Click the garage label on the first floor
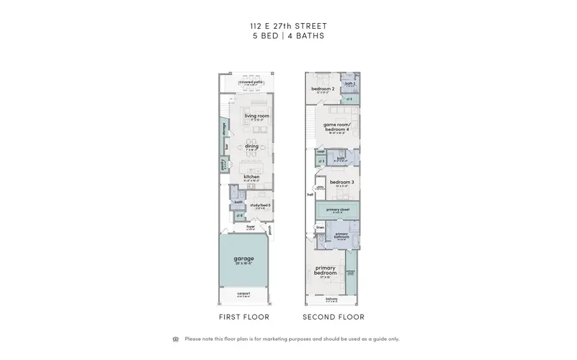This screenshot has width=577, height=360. [x=244, y=259]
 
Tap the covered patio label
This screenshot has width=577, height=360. [x=251, y=82]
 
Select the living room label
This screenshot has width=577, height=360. [x=256, y=116]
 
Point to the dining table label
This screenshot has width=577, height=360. [x=251, y=146]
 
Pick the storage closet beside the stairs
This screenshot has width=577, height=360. [x=224, y=130]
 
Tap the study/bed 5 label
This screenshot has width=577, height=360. [x=260, y=205]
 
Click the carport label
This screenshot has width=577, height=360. [x=244, y=293]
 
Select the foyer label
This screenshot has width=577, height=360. [x=250, y=226]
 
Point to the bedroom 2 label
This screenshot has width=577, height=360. [x=322, y=89]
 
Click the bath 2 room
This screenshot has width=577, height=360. [x=350, y=84]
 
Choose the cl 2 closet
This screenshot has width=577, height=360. [x=349, y=99]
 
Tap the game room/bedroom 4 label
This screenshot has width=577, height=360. [x=336, y=127]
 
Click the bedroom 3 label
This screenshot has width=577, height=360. [x=341, y=183]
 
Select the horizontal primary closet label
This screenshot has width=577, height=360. [x=337, y=209]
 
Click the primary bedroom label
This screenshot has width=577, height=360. [x=326, y=270]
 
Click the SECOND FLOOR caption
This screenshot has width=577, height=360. [x=333, y=317]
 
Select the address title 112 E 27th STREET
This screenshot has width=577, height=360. [x=288, y=26]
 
